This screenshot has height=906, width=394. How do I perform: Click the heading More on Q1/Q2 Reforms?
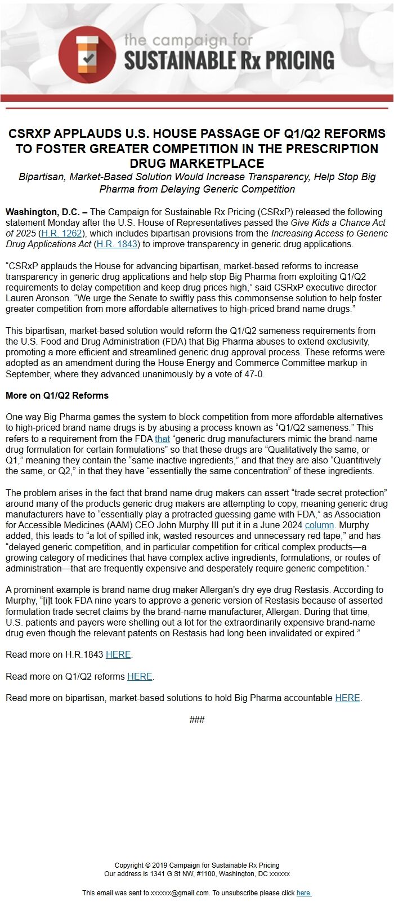click(x=57, y=395)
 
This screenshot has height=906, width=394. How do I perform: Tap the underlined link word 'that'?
click(x=162, y=439)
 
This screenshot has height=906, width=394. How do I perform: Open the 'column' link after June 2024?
click(x=319, y=525)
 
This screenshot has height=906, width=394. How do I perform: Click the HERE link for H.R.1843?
click(x=118, y=655)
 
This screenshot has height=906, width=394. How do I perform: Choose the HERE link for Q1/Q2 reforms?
click(x=140, y=676)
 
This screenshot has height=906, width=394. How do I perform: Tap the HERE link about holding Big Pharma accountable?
click(x=347, y=698)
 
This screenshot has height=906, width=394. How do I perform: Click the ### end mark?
click(x=197, y=720)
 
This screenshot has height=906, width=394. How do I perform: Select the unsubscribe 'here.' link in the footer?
click(x=304, y=893)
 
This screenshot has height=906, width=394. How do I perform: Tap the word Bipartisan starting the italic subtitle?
click(x=42, y=177)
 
